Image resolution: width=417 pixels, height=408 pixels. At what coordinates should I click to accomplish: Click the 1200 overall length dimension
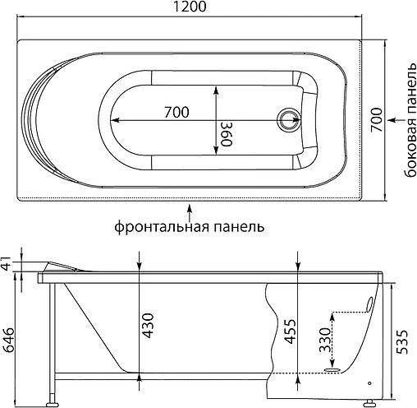point(189,9)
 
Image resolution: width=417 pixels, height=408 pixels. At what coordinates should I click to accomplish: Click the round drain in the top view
point(289,120)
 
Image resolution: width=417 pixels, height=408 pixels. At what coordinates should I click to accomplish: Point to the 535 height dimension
point(403,338)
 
